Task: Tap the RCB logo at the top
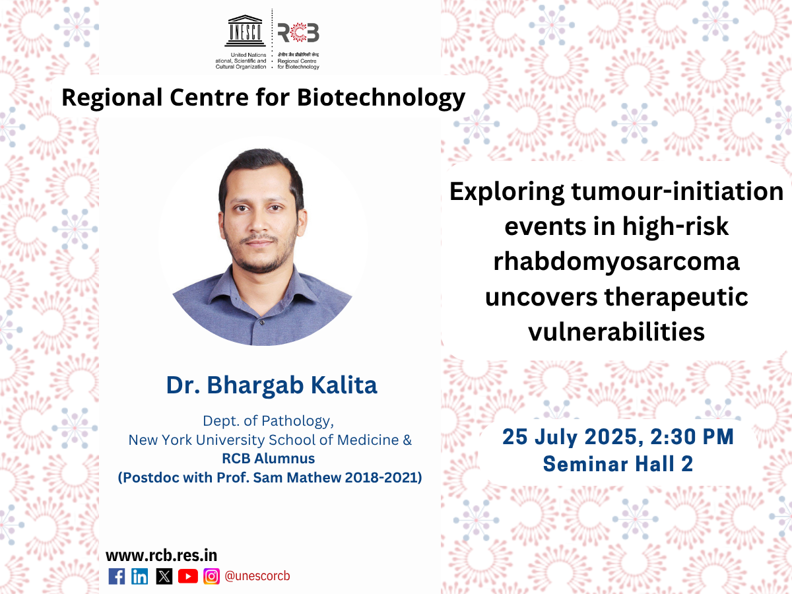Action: pyautogui.click(x=298, y=32)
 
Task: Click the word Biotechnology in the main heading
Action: pyautogui.click(x=381, y=98)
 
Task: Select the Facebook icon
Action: pyautogui.click(x=117, y=576)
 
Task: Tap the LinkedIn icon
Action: pyautogui.click(x=140, y=576)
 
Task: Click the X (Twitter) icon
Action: pyautogui.click(x=164, y=576)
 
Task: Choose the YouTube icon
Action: pyautogui.click(x=188, y=576)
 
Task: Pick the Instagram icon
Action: pyautogui.click(x=211, y=576)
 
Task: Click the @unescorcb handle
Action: pyautogui.click(x=257, y=576)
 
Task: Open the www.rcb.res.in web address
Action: pyautogui.click(x=161, y=556)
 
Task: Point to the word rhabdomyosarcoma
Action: pyautogui.click(x=616, y=261)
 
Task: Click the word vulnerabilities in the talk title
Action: pyautogui.click(x=616, y=331)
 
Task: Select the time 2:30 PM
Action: pyautogui.click(x=692, y=437)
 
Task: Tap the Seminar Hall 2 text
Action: pyautogui.click(x=618, y=464)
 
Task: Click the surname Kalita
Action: pyautogui.click(x=344, y=385)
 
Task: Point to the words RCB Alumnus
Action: pyautogui.click(x=269, y=459)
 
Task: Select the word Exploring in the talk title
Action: pyautogui.click(x=507, y=192)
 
